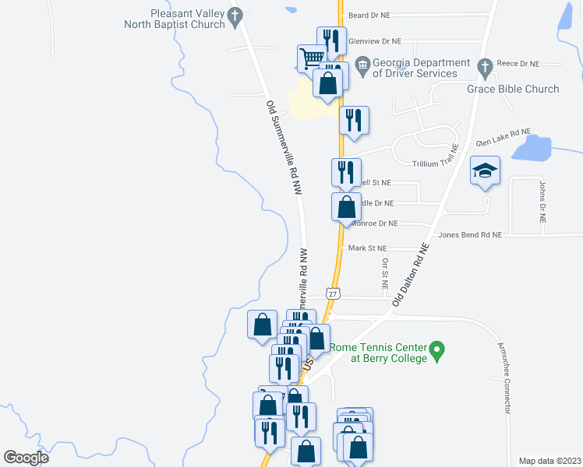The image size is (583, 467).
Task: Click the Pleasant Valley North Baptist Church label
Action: pos(175,19)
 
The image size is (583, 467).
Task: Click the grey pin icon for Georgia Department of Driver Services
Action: pos(362,64)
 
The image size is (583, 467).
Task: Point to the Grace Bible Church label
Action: pos(513,89)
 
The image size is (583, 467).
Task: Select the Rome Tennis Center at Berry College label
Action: pos(379,353)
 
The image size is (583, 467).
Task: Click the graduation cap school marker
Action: pos(485,170)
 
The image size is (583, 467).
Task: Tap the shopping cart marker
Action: pos(311,56)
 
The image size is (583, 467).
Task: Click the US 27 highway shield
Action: pos(333,293)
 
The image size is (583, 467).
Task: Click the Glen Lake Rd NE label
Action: pos(503,133)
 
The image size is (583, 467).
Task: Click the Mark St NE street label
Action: pos(367,248)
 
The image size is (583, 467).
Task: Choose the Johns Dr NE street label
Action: pos(542,202)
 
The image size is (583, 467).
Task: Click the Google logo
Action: pos(26,458)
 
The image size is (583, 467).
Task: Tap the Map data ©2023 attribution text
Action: pos(549,461)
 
